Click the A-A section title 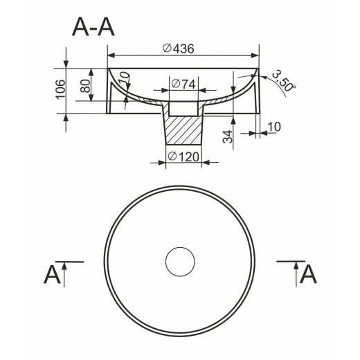tap(93, 28)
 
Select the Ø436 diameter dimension tap(179, 48)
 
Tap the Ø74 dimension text tap(183, 84)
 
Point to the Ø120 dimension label tap(183, 156)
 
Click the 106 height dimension tap(61, 89)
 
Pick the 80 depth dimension tap(85, 86)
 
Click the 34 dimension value tap(228, 136)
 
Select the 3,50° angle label tap(284, 81)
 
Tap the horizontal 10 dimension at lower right tap(274, 127)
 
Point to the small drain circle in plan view tap(180, 247)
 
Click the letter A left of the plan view tap(52, 275)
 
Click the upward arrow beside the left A tap(64, 274)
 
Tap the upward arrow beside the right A tap(296, 274)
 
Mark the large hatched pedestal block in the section tap(183, 130)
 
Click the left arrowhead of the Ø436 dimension tap(111, 55)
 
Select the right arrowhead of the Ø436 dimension tap(255, 55)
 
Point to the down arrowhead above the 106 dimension tap(66, 64)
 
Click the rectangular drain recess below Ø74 tap(183, 109)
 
